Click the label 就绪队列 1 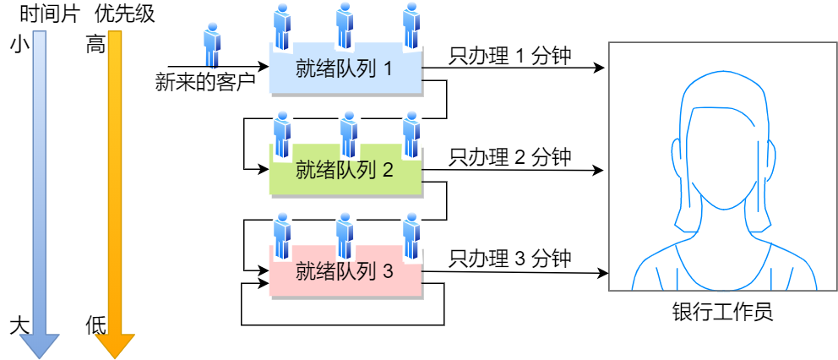344,68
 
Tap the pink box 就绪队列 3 345,272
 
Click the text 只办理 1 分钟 510,56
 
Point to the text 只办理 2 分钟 510,156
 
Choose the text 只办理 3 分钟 510,258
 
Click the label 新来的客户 205,82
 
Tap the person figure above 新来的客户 212,46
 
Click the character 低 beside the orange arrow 95,326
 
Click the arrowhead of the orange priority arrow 115,345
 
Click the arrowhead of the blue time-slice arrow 39,345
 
